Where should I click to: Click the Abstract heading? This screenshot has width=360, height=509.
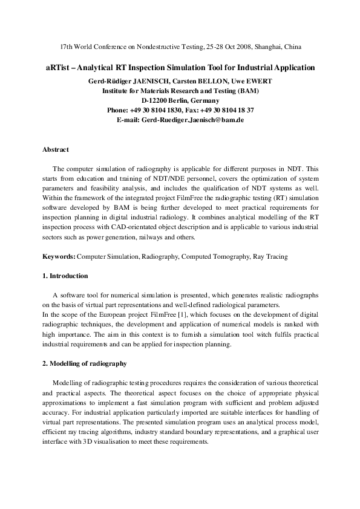click(56, 149)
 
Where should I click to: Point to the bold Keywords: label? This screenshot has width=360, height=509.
click(59, 256)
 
